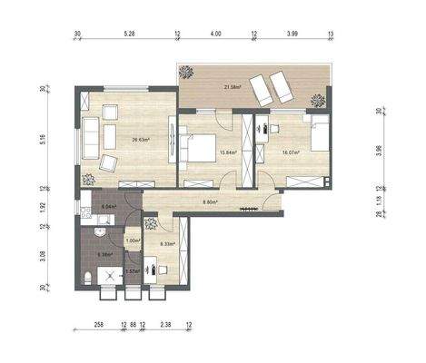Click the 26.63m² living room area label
point(141,140)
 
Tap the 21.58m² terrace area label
point(231,87)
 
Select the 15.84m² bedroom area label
point(228,152)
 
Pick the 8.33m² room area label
point(168,244)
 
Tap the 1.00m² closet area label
point(133,240)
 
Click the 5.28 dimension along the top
point(128,34)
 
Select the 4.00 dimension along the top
point(215,34)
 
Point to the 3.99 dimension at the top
point(292,34)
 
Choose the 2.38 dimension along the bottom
point(164,323)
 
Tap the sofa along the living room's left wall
point(91,135)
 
